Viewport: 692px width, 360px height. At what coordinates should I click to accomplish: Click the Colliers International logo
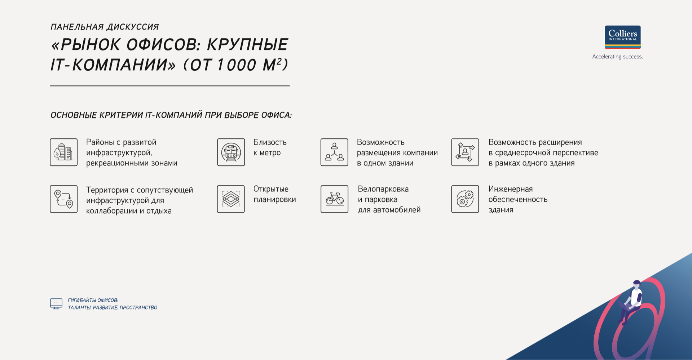(x=623, y=37)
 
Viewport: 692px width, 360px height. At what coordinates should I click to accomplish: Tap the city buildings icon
(x=64, y=152)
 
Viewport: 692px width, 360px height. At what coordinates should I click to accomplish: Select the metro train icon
(x=231, y=152)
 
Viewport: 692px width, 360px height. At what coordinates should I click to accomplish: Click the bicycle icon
(x=335, y=199)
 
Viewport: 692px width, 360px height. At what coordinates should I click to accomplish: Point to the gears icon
(x=465, y=199)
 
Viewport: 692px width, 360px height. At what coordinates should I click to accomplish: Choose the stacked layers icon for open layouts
(x=231, y=199)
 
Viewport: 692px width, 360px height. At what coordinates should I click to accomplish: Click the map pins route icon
(x=64, y=199)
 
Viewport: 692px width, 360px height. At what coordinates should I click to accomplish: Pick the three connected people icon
(x=335, y=152)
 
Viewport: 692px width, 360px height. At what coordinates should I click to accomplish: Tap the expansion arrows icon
(x=465, y=152)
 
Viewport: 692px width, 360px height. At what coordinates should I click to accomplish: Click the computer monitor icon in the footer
(x=56, y=304)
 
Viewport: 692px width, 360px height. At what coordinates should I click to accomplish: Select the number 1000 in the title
(x=237, y=65)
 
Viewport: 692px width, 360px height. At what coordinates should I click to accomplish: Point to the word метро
(x=270, y=153)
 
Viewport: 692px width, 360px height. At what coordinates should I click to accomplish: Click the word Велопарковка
(x=383, y=189)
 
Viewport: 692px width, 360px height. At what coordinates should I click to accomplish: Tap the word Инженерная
(x=511, y=189)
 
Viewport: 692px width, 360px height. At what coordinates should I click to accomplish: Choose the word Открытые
(x=271, y=189)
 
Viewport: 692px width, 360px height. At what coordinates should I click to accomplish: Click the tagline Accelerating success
(x=617, y=57)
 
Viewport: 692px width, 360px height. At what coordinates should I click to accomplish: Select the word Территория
(x=107, y=190)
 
